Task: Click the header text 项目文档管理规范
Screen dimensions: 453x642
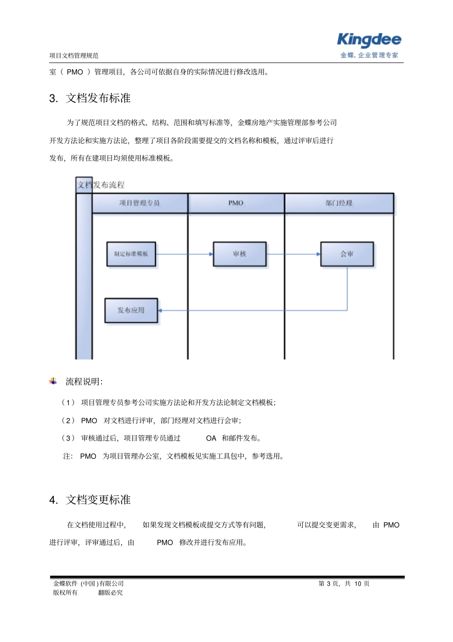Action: tap(74, 56)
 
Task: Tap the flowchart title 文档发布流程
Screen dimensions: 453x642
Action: tap(101, 185)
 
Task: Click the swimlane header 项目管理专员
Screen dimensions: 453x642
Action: tap(140, 203)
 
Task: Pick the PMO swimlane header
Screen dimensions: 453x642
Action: tap(236, 203)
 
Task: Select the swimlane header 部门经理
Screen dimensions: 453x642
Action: tap(339, 203)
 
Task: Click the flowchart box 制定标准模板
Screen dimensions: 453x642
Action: tap(131, 254)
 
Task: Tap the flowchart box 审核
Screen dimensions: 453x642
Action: tap(239, 254)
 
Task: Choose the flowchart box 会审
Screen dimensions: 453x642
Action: tap(347, 254)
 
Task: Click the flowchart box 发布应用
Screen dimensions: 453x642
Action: tap(131, 310)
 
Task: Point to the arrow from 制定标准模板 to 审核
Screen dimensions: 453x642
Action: tap(184, 254)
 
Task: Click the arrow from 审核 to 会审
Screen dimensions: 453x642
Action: tap(293, 254)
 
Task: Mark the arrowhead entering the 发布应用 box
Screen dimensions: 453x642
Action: tap(160, 310)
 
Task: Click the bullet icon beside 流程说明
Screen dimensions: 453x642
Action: tap(53, 381)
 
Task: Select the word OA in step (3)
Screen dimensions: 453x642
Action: tap(211, 438)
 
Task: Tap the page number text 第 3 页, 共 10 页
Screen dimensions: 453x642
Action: tap(344, 584)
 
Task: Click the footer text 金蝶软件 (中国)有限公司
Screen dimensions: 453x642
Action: tap(89, 584)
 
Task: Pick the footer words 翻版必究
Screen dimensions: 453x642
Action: tap(110, 593)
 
